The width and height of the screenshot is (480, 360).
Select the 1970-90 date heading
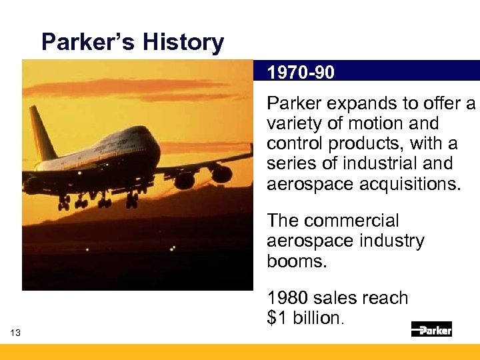(x=301, y=72)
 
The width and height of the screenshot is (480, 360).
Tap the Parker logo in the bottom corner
(x=431, y=329)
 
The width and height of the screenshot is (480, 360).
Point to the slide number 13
(x=15, y=333)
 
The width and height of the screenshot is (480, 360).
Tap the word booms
(x=297, y=261)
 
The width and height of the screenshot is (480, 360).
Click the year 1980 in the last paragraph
(x=287, y=298)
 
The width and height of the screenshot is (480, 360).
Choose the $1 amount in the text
(x=277, y=318)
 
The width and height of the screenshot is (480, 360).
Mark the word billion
(x=315, y=318)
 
